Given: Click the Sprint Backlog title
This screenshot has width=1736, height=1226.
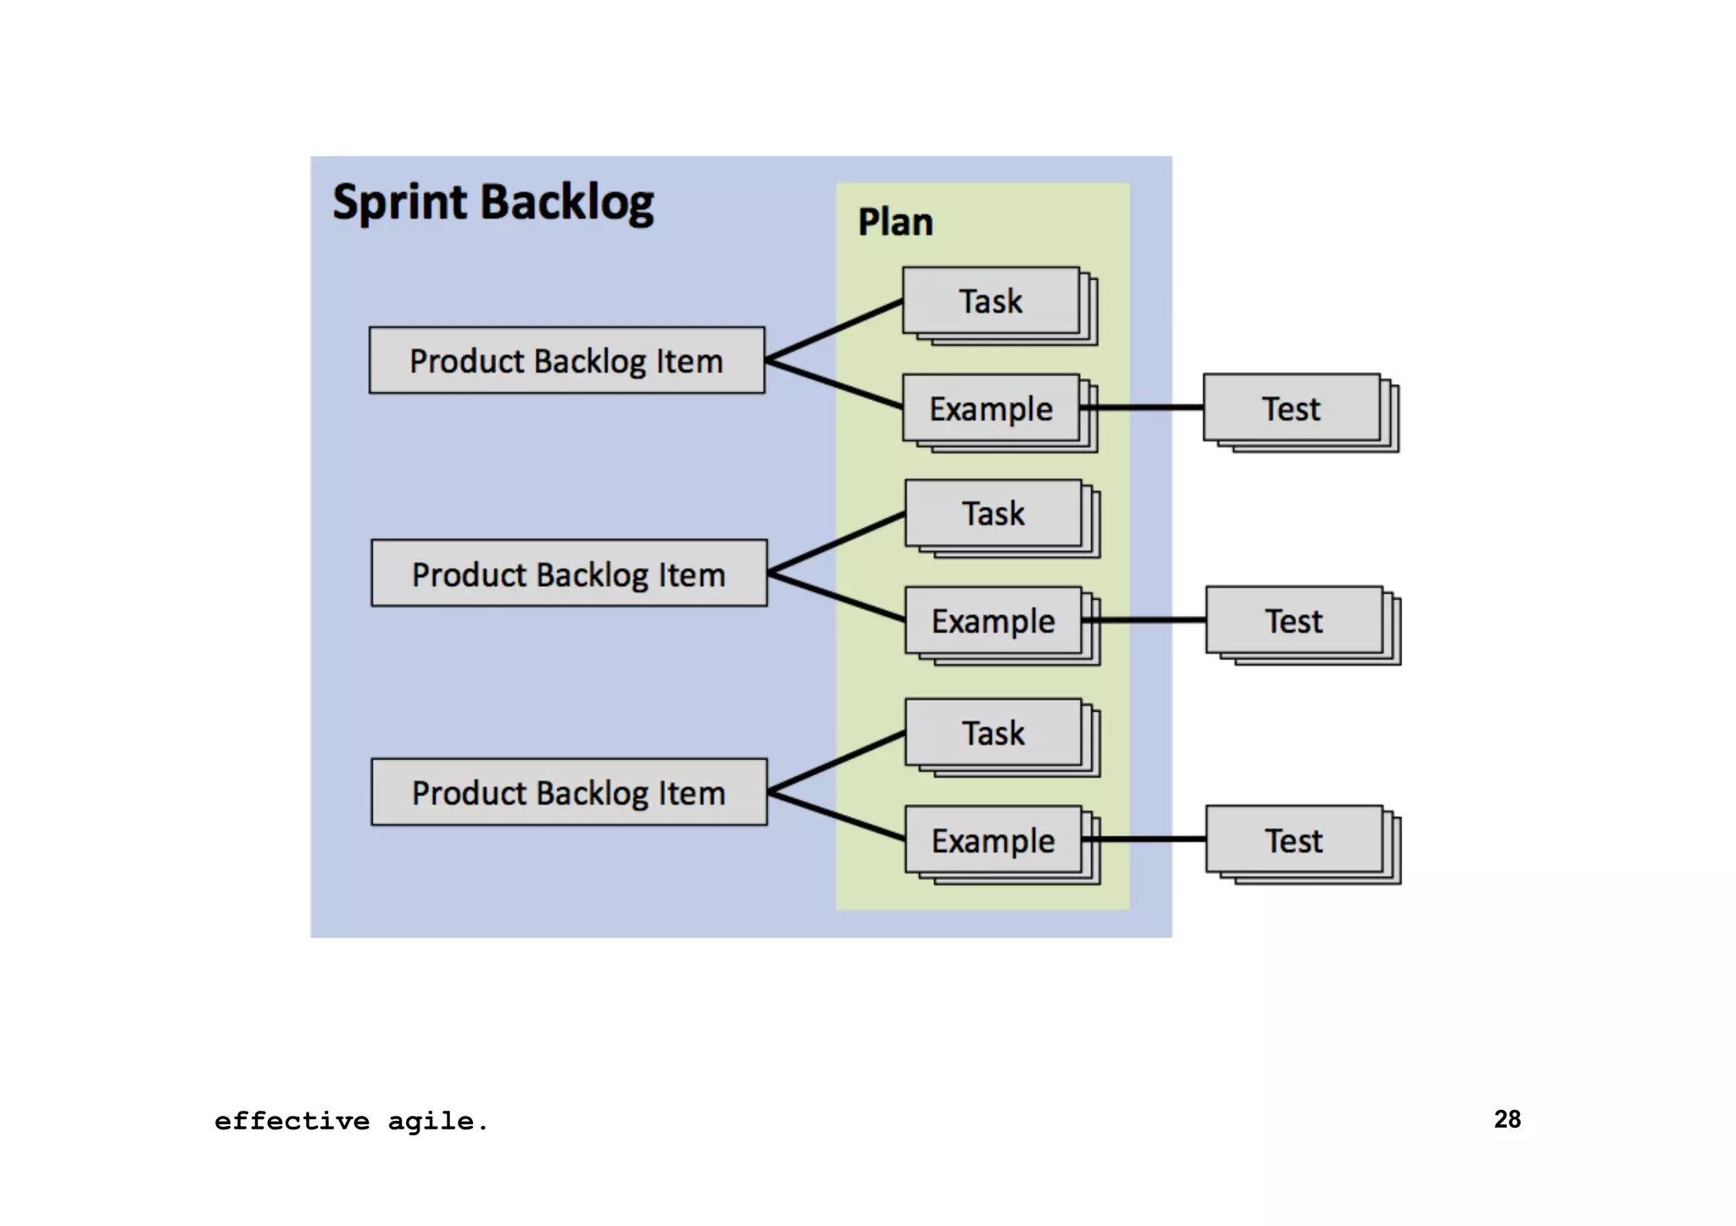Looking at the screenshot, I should click(492, 203).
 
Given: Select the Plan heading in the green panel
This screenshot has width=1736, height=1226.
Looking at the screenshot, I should click(895, 222).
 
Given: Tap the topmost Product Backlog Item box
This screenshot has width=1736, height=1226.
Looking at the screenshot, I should click(566, 361).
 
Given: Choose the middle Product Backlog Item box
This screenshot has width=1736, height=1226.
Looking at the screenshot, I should click(568, 574).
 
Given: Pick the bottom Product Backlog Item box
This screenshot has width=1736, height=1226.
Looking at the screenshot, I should click(568, 792).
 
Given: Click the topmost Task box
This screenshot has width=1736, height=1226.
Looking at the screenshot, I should click(990, 302).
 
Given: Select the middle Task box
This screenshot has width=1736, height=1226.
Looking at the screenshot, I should click(993, 513).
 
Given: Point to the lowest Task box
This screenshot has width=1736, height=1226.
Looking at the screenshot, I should click(993, 733).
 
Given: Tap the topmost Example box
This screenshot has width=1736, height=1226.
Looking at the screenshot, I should click(990, 408).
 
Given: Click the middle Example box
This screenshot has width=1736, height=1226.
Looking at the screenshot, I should click(993, 621).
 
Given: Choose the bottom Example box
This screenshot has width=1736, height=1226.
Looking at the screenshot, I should click(993, 840).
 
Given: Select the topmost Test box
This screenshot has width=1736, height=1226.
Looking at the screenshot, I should click(1291, 408).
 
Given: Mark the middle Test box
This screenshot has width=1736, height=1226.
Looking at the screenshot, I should click(1294, 621).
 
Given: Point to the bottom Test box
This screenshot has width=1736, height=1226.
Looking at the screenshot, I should click(1294, 840).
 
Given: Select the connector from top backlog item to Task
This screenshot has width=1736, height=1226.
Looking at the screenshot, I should click(834, 330).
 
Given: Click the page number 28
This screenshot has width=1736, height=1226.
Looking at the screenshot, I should click(1507, 1119).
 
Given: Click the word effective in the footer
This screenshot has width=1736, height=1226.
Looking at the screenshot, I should click(292, 1122).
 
